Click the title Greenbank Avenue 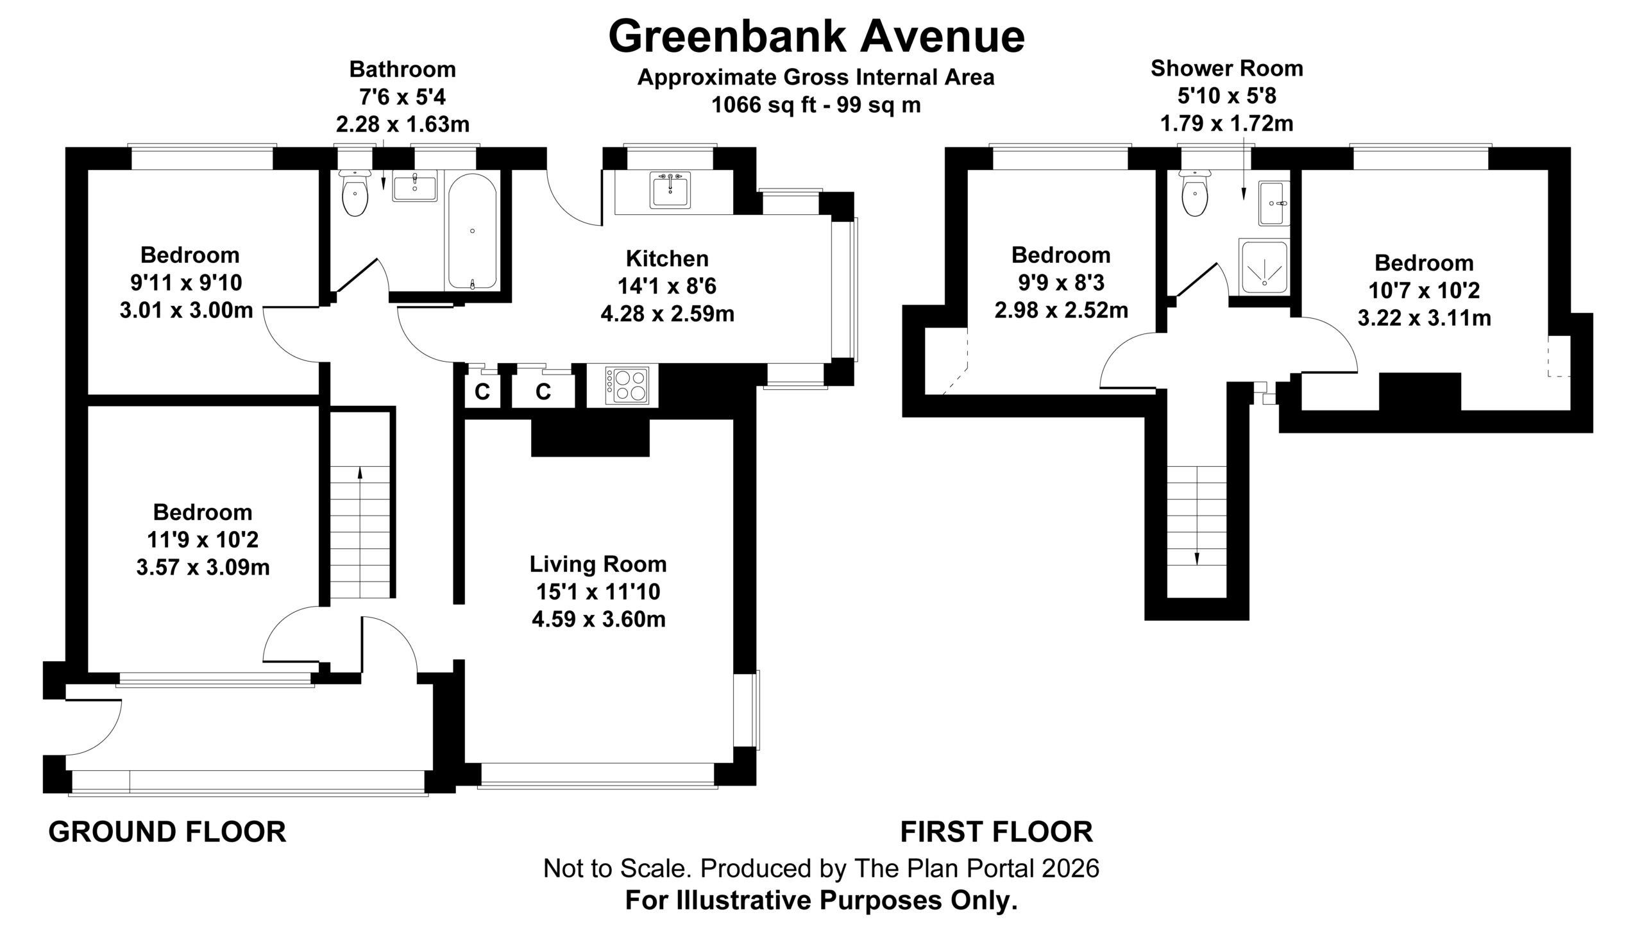pyautogui.click(x=816, y=37)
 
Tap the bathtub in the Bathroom pyautogui.click(x=472, y=231)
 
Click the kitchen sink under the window pyautogui.click(x=670, y=190)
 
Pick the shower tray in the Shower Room pyautogui.click(x=1264, y=266)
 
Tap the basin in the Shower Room pyautogui.click(x=1273, y=203)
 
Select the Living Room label pyautogui.click(x=598, y=564)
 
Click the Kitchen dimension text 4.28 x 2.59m pyautogui.click(x=667, y=314)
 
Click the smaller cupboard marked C pyautogui.click(x=482, y=391)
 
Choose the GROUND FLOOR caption pyautogui.click(x=167, y=832)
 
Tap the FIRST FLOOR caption pyautogui.click(x=997, y=832)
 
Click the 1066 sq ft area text pyautogui.click(x=816, y=105)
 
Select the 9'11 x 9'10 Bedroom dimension pyautogui.click(x=186, y=283)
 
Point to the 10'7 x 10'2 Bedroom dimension pyautogui.click(x=1424, y=290)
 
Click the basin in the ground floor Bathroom pyautogui.click(x=414, y=188)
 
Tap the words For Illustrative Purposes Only pyautogui.click(x=821, y=901)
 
